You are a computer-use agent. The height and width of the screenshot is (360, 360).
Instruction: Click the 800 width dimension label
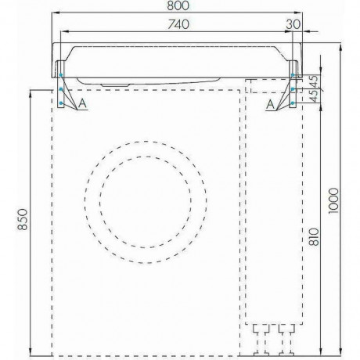pos(178,5)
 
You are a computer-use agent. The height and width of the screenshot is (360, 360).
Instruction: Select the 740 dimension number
pos(178,24)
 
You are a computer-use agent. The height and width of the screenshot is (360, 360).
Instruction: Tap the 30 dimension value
pos(293,24)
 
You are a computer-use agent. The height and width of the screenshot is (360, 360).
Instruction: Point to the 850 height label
pos(23,219)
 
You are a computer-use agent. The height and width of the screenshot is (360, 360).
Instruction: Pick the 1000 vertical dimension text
pos(333,200)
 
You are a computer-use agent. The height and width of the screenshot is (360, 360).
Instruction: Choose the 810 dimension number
pos(314,237)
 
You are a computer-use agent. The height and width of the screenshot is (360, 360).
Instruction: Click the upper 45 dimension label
pos(315,81)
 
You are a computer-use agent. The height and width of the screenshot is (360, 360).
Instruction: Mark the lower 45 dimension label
pos(315,95)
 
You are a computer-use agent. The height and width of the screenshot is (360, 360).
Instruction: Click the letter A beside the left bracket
pos(82,103)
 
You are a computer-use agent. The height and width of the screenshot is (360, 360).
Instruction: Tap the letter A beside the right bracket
pos(271,105)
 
